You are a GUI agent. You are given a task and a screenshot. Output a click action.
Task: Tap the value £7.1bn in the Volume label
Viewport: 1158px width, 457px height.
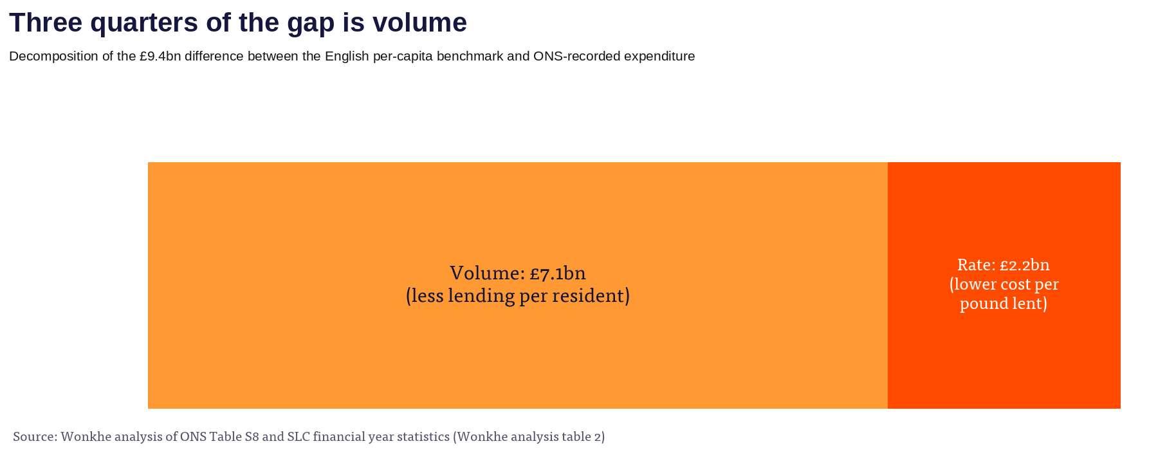(558, 274)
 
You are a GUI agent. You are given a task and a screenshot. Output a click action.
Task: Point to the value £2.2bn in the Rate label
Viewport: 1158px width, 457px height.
(1024, 265)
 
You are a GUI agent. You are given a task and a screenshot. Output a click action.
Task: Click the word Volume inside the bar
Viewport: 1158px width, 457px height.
(487, 273)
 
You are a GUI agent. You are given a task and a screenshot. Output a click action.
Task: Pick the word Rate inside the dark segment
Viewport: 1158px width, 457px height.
(976, 265)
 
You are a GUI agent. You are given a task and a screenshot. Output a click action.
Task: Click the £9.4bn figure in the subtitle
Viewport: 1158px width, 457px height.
(160, 57)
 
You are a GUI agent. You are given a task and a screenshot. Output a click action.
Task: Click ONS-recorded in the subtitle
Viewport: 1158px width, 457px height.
(573, 56)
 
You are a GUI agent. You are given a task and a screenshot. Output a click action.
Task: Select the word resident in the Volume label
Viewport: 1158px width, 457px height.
(595, 296)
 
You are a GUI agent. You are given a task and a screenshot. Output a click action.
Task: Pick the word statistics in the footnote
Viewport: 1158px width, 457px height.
(423, 436)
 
